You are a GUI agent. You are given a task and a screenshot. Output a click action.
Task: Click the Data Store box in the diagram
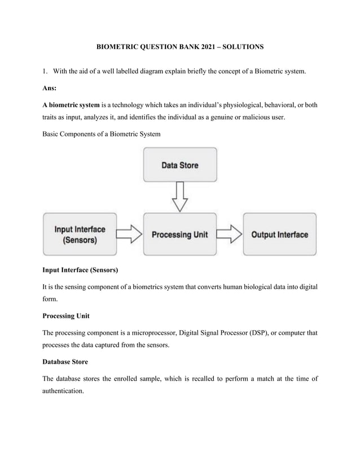tap(180, 165)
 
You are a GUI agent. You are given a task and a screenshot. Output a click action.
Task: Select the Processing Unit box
tap(180, 234)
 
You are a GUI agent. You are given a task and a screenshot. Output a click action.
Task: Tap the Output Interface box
tap(279, 234)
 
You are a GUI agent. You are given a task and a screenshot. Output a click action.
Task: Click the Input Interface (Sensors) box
tap(80, 234)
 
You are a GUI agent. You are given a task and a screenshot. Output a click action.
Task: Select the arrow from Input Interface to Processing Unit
tap(130, 234)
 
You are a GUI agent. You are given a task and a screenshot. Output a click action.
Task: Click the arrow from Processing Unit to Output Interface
tap(229, 234)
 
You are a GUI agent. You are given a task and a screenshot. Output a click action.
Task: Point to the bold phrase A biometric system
tap(71, 105)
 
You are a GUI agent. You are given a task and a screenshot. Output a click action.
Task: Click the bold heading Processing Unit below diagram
tap(66, 315)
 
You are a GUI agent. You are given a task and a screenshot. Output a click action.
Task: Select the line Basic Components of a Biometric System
tap(102, 134)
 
